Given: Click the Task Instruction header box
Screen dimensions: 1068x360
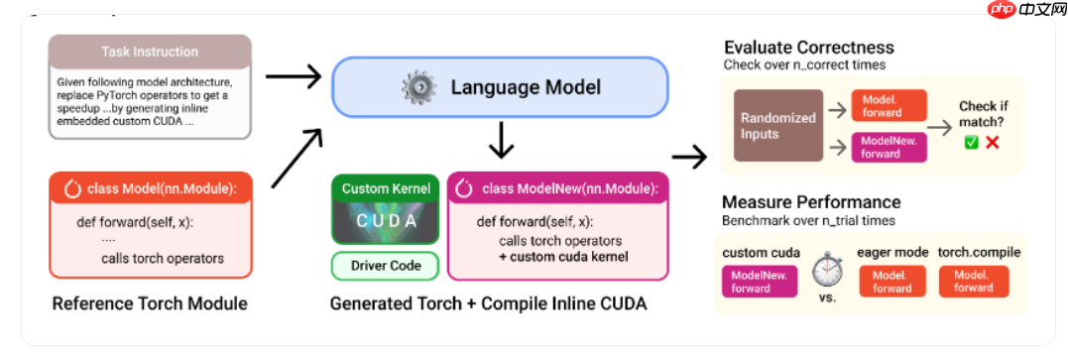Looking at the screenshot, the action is click(x=150, y=52).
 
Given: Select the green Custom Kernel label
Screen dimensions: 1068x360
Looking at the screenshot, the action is click(x=386, y=188).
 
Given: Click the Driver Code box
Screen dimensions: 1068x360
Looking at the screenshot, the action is click(x=386, y=266).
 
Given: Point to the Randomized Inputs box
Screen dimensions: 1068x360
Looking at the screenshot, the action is click(x=777, y=125).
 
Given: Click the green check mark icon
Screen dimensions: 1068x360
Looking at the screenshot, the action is click(x=970, y=143).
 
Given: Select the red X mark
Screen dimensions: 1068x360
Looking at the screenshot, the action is click(x=992, y=143).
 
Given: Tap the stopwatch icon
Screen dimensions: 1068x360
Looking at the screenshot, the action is click(x=827, y=270).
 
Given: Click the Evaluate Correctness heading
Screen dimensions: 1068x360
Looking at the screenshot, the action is click(x=808, y=47).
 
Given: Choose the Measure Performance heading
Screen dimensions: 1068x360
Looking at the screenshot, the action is click(x=811, y=202).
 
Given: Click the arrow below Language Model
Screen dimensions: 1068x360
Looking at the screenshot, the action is click(x=501, y=141).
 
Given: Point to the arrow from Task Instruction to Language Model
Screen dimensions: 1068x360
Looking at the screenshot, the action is click(x=293, y=76).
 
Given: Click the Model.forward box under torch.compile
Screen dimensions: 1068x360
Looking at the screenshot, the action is click(x=974, y=282).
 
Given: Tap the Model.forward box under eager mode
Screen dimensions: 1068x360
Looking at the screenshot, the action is click(x=892, y=282).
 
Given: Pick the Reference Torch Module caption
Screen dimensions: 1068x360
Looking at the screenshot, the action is click(x=150, y=303).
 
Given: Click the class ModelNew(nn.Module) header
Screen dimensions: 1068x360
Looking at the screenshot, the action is click(x=558, y=188).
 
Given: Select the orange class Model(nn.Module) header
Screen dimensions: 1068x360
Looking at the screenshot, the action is click(x=150, y=188).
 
